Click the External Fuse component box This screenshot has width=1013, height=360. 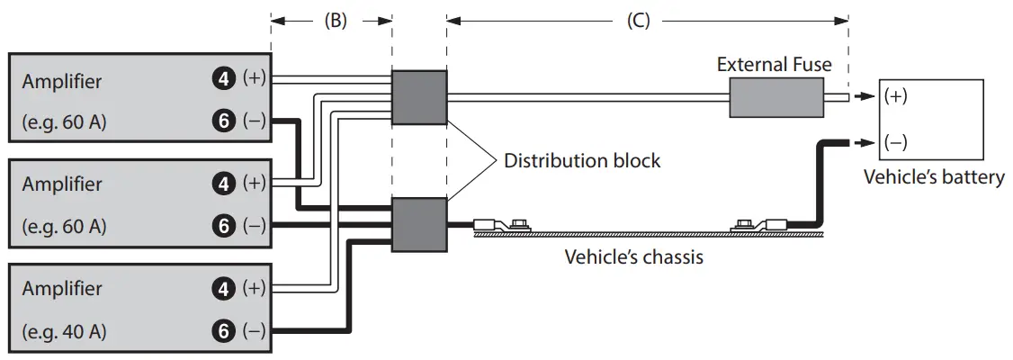(776, 97)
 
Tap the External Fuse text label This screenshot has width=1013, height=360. (774, 65)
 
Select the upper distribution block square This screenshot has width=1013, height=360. (419, 97)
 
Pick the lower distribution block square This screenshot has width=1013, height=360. (419, 225)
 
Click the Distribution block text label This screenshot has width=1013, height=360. (582, 160)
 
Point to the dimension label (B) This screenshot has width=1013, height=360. (336, 21)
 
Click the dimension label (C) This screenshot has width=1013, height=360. (638, 21)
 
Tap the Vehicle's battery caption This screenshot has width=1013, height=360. (934, 177)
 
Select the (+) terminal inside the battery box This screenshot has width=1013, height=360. (895, 96)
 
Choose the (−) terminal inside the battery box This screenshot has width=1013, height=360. (895, 143)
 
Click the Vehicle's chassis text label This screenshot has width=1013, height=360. (633, 257)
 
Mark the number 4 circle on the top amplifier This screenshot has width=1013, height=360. (223, 79)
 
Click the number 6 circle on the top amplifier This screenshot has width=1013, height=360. (223, 121)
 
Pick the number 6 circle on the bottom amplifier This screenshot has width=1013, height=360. (223, 331)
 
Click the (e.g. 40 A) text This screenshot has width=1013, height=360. (64, 332)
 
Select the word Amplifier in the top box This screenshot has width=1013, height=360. (62, 82)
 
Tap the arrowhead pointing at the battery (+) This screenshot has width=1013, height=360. (863, 97)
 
